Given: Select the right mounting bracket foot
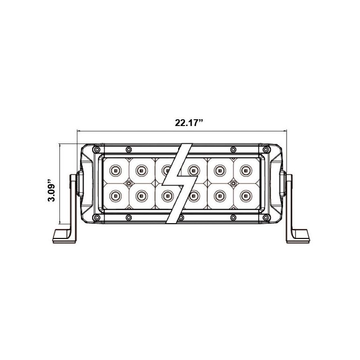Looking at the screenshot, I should (x=297, y=235).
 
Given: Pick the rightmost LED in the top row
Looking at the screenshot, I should (x=245, y=170).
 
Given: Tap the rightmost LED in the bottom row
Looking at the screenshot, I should (x=245, y=195).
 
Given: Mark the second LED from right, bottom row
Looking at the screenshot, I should (x=220, y=195).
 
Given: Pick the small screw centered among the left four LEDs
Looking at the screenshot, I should (x=128, y=183).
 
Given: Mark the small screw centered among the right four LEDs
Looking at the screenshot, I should (x=233, y=183).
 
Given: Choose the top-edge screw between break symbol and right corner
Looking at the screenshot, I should (x=232, y=149).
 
